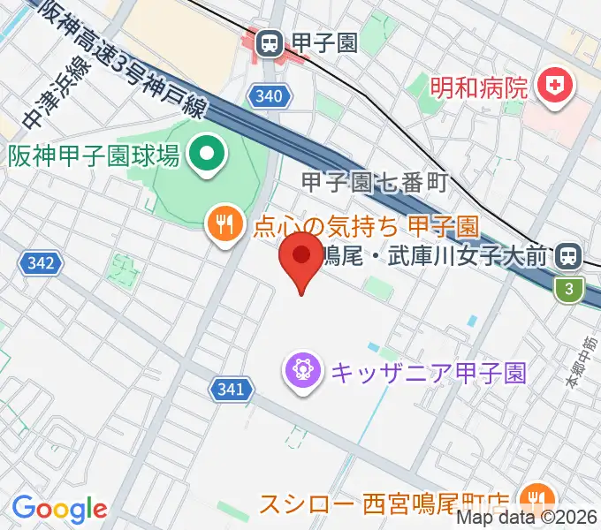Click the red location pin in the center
301,257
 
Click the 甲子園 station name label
325,42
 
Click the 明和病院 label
479,87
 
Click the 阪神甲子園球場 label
95,157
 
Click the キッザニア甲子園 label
429,372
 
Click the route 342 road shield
42,262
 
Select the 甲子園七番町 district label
376,183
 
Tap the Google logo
59,509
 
